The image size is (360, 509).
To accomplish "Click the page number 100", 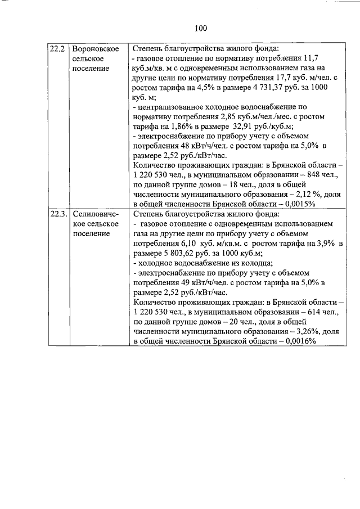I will [x=201, y=29].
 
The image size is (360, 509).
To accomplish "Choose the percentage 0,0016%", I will [x=300, y=341].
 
